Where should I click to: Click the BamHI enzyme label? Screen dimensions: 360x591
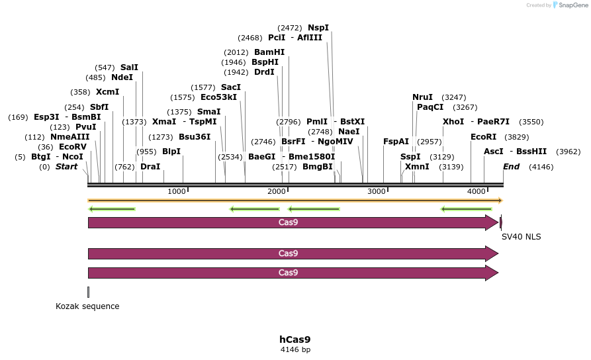[269, 52]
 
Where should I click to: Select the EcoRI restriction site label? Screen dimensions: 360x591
[483, 137]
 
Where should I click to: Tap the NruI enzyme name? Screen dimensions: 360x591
[422, 97]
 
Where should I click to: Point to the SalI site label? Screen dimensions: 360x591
[129, 67]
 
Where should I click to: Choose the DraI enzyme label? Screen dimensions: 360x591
[150, 167]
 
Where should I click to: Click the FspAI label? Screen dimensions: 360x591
[396, 141]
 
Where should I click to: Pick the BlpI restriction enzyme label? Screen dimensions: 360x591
[171, 152]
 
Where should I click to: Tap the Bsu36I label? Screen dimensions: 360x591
[195, 137]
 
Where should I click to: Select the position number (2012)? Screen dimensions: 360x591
[236, 52]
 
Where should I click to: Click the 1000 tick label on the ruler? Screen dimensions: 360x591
[177, 192]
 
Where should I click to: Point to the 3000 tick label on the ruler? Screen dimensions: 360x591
[376, 192]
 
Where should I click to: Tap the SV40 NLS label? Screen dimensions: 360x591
[522, 236]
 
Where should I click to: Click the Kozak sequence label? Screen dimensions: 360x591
[87, 306]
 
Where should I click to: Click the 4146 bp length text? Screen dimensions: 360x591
[295, 349]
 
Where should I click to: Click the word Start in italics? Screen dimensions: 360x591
[66, 167]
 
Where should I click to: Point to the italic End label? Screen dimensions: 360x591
[512, 167]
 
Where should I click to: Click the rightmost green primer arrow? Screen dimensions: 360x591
[467, 209]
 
